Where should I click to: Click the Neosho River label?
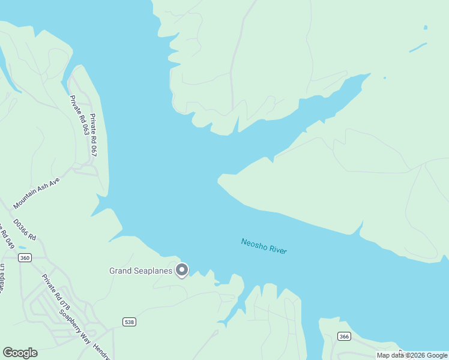click(x=264, y=246)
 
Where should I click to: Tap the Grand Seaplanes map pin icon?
click(x=182, y=270)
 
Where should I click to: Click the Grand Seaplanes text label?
click(x=141, y=271)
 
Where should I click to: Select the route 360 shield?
click(x=25, y=258)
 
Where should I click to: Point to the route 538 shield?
click(x=129, y=322)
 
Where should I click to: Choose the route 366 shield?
click(x=343, y=336)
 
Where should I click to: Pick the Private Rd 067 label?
click(x=93, y=135)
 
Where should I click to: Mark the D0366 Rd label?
click(x=25, y=230)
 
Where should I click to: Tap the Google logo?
click(x=20, y=353)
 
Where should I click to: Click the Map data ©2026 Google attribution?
click(x=412, y=355)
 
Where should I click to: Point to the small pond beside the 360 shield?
click(x=22, y=247)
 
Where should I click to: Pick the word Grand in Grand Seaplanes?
click(x=119, y=271)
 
